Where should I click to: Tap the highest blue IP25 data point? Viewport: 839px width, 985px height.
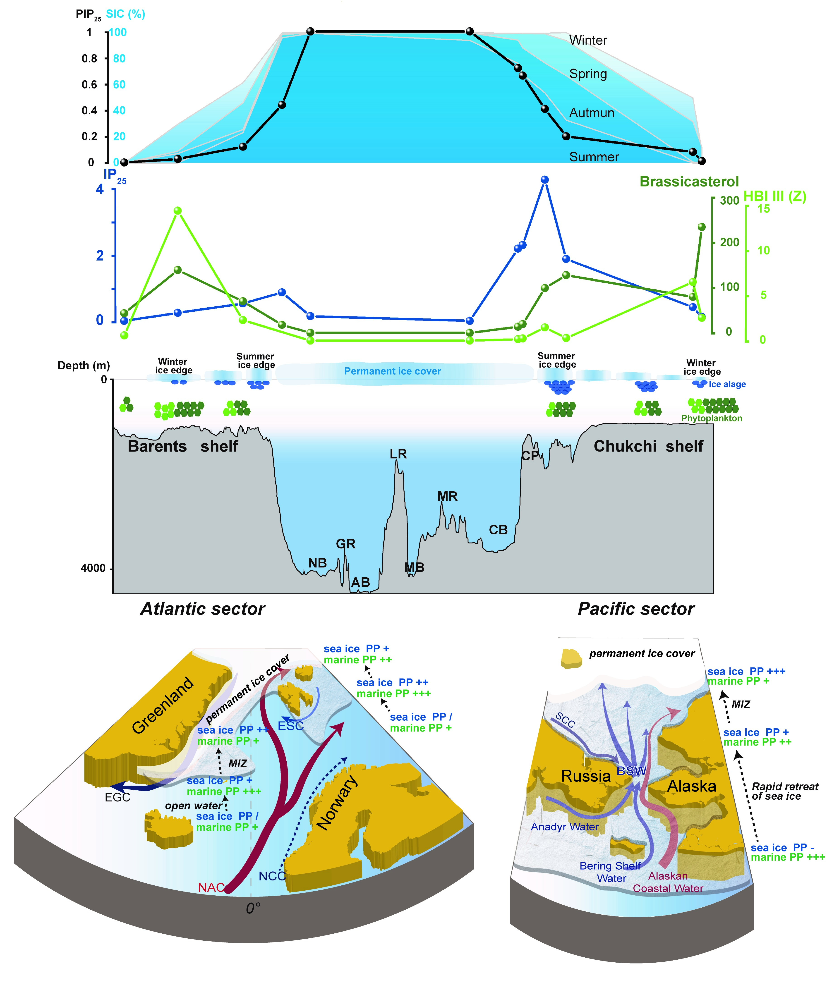tap(545, 179)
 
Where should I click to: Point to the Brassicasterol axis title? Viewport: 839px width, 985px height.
tap(689, 182)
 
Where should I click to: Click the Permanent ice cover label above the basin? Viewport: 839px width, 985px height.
tap(392, 371)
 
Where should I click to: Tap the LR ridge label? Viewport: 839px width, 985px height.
tap(398, 454)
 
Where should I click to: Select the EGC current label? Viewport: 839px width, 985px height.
tap(117, 797)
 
